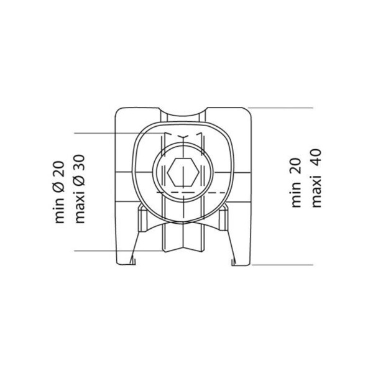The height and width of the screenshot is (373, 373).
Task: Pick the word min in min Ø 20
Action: pos(60,210)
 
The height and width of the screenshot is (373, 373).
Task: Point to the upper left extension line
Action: pos(106,133)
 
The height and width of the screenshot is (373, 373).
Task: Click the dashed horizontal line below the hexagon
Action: pos(186,194)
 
